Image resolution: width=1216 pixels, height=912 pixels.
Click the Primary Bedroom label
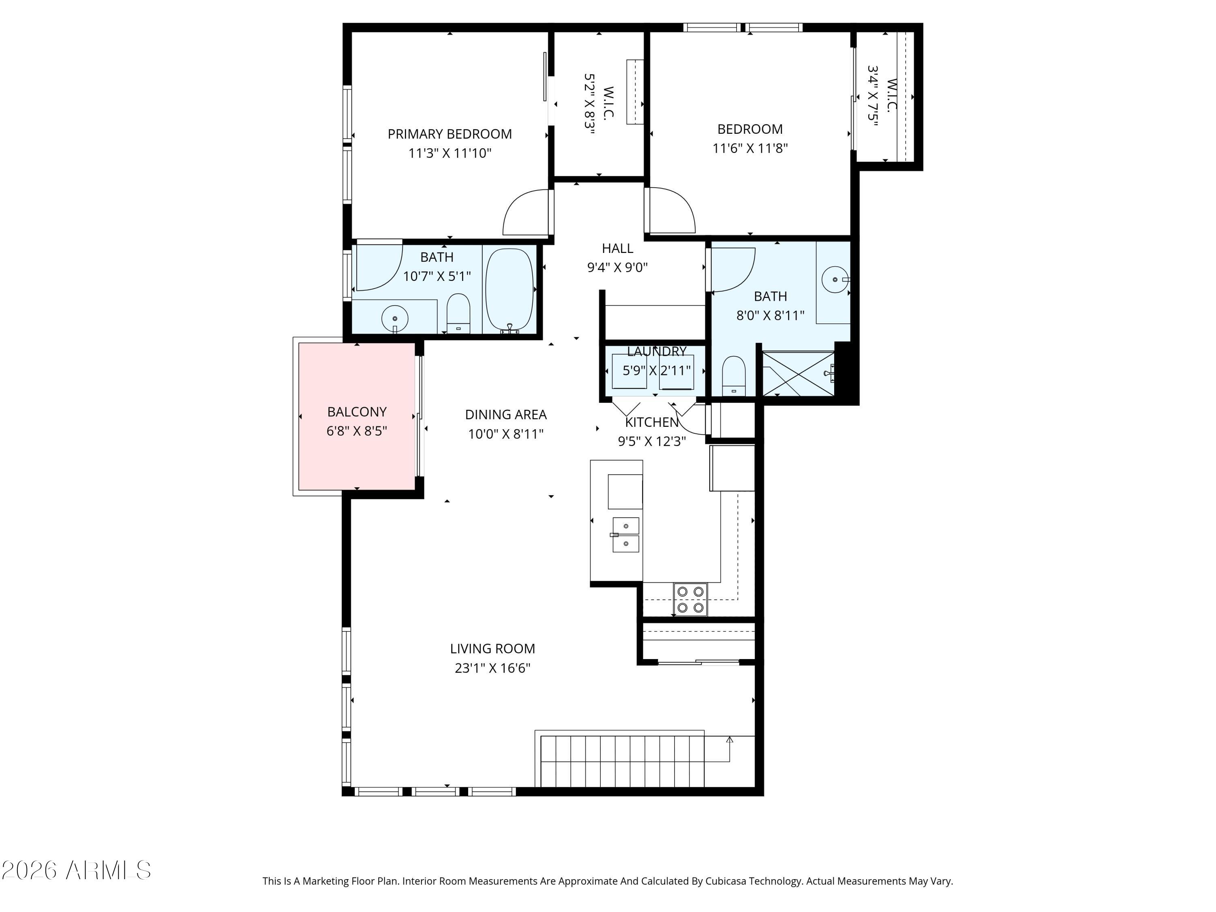[450, 134]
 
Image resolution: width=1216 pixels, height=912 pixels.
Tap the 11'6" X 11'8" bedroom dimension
[750, 148]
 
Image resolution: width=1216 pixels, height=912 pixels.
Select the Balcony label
[357, 412]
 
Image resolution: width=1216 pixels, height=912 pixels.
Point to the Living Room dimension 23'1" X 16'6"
[492, 668]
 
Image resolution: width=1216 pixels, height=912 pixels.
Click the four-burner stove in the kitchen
[690, 599]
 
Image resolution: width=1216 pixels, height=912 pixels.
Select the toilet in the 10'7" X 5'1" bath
[458, 313]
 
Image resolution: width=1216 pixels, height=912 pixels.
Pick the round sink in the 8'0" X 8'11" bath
[835, 280]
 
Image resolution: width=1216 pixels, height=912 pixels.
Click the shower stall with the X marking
[798, 374]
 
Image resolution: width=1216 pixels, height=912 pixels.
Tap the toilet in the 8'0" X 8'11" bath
[733, 376]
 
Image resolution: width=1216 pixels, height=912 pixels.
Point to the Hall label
[617, 248]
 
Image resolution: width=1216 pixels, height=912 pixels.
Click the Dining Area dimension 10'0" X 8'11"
[506, 434]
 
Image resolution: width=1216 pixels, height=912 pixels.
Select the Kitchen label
[652, 422]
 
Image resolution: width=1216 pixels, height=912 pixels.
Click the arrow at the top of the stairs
[730, 740]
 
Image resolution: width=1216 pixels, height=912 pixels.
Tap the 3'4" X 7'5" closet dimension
[872, 96]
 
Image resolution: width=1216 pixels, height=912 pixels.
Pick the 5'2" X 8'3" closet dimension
[590, 103]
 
